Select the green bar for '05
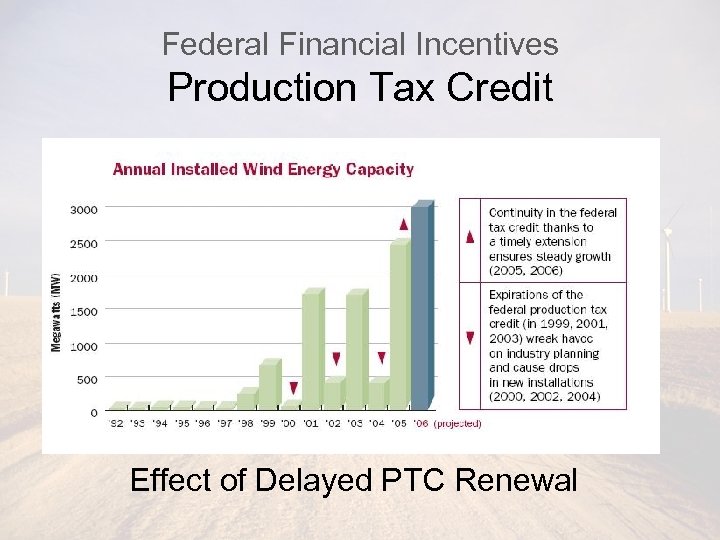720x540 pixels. [399, 325]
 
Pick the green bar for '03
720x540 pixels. [355, 350]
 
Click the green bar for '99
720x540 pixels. [268, 385]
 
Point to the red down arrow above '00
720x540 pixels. [293, 388]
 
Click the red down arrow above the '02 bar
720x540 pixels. [336, 358]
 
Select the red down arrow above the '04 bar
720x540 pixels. [381, 357]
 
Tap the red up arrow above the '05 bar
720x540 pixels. [403, 224]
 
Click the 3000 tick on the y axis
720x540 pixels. [84, 209]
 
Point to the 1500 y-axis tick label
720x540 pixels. [84, 312]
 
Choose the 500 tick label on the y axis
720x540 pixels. [87, 380]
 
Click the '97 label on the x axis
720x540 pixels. [226, 423]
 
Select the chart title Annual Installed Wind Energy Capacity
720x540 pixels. [263, 169]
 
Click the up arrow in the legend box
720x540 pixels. [470, 237]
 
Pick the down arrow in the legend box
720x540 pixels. [470, 338]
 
